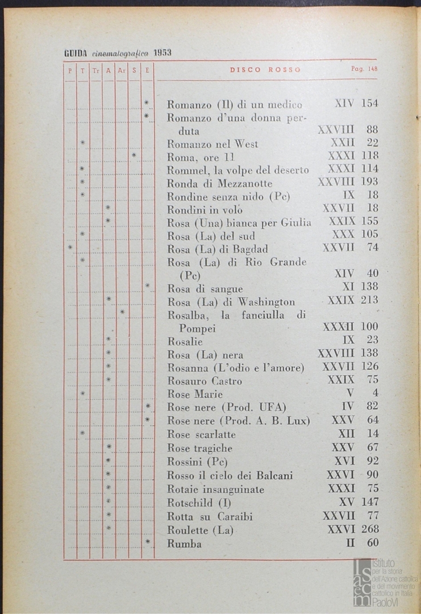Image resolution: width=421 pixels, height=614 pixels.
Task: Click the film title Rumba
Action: click(x=184, y=544)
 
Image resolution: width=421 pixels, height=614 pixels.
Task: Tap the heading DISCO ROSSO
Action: click(x=265, y=70)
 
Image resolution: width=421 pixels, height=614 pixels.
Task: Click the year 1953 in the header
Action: click(x=162, y=53)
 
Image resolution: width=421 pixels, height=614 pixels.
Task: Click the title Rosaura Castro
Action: click(x=205, y=380)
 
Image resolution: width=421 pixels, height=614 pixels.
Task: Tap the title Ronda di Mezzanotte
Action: click(x=219, y=183)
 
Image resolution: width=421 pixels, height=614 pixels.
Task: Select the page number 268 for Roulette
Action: click(x=369, y=529)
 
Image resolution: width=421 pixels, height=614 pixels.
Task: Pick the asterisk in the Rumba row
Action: click(x=148, y=542)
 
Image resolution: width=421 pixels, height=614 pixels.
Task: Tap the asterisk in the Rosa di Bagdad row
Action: click(x=70, y=247)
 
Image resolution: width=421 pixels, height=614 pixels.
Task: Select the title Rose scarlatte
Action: click(x=201, y=434)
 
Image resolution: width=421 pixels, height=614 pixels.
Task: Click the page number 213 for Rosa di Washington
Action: click(x=369, y=300)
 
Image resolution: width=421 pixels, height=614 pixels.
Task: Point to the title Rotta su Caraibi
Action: click(x=210, y=517)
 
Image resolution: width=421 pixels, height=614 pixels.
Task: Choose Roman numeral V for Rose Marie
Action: click(x=350, y=393)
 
